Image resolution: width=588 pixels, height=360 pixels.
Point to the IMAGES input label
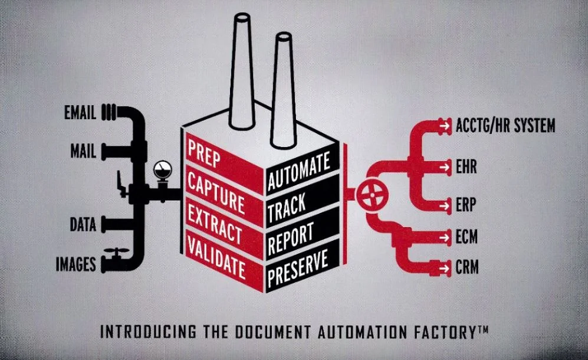[75, 264]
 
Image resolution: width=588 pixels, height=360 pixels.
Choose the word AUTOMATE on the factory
[298, 171]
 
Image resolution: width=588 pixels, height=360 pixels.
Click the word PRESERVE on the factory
[297, 269]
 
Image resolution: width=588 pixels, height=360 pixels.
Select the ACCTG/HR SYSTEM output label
[505, 125]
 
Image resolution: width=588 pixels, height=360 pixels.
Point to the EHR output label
[466, 166]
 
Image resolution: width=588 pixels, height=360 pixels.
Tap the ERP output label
[466, 205]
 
